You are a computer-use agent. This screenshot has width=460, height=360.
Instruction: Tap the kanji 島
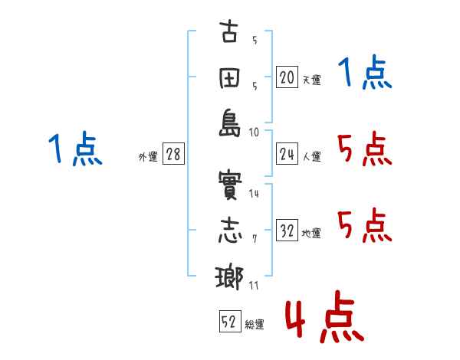point(229,125)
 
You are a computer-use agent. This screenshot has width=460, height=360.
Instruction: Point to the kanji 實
point(229,186)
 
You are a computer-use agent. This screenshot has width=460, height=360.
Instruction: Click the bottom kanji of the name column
point(229,277)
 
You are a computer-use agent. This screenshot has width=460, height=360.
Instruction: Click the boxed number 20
point(287,77)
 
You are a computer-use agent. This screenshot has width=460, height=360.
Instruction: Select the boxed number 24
point(287,155)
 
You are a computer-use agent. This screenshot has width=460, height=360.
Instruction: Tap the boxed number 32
point(287,232)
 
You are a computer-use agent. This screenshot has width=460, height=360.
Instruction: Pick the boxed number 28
point(172,155)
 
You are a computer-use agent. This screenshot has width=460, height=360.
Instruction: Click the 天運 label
point(311,80)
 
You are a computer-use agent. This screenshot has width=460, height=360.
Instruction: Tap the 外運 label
point(148,157)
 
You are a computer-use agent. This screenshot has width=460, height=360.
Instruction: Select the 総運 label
point(255,324)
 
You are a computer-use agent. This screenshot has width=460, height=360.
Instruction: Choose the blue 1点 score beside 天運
point(365,74)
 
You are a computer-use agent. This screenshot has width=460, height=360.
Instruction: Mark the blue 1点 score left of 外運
point(74,149)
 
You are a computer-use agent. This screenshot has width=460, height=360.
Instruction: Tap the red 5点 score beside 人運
point(365,149)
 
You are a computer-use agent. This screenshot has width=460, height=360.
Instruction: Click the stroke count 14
point(254,194)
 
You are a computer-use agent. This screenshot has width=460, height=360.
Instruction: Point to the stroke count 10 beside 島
point(254,132)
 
